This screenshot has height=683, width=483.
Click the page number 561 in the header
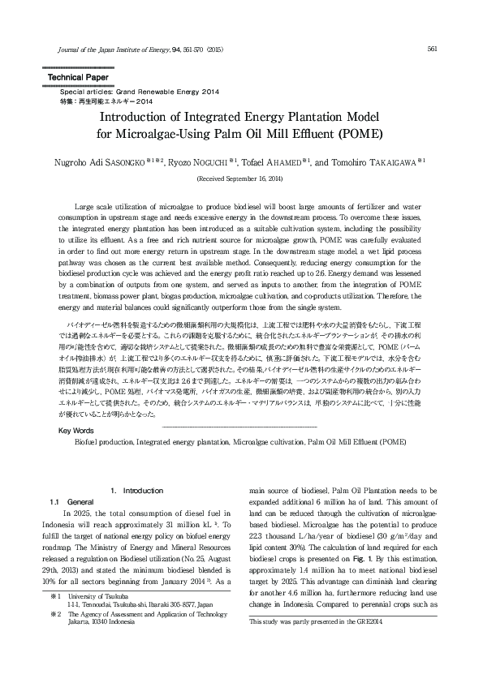[432, 48]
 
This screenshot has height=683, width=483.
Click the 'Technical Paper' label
[74, 77]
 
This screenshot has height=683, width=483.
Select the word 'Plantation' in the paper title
[291, 117]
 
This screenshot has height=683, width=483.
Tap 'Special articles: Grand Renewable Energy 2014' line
[123, 92]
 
